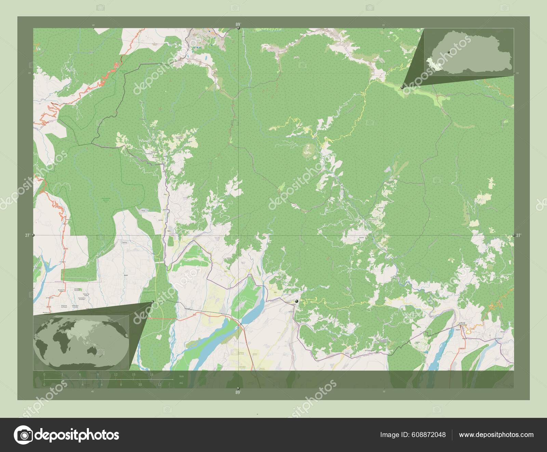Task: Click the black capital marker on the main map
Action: [x=297, y=301]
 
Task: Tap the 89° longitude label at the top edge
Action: [x=238, y=24]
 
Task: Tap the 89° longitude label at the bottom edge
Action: [x=238, y=393]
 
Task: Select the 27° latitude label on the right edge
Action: [x=519, y=235]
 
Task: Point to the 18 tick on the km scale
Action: [x=151, y=375]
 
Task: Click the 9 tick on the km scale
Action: [x=98, y=375]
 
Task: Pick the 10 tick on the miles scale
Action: [x=140, y=384]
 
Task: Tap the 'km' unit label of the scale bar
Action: [x=181, y=376]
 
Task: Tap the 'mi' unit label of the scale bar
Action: [x=181, y=383]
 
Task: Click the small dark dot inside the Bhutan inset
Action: [x=449, y=52]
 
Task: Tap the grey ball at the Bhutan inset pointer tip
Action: [x=402, y=87]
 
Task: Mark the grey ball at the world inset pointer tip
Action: [x=152, y=301]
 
